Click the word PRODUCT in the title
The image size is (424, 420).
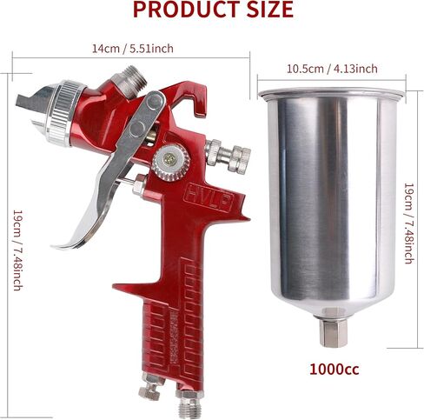(x=187, y=10)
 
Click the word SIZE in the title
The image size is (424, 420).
(x=270, y=10)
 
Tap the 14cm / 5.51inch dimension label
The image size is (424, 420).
(x=133, y=49)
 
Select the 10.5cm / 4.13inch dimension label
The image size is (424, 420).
(x=332, y=69)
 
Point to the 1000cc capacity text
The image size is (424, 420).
(x=335, y=370)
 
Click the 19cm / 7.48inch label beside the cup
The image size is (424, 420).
(x=408, y=223)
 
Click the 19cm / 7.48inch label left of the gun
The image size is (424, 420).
(x=17, y=250)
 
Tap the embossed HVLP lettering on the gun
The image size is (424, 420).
(x=209, y=197)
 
